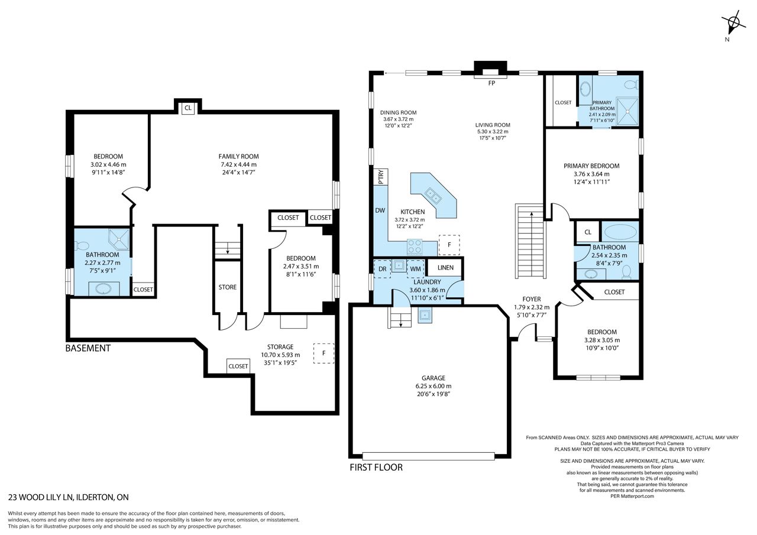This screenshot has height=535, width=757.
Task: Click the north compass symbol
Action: pyautogui.click(x=733, y=24)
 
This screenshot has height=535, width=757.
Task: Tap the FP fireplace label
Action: pyautogui.click(x=491, y=83)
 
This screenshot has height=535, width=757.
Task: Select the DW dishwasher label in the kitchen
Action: pyautogui.click(x=380, y=210)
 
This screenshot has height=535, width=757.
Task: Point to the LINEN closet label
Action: pyautogui.click(x=445, y=267)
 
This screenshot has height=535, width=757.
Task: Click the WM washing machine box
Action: pyautogui.click(x=415, y=269)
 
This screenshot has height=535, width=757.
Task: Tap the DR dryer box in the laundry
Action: pyautogui.click(x=382, y=269)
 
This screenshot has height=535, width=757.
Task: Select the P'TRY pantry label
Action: pyautogui.click(x=380, y=177)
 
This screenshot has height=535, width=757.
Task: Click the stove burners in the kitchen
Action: pyautogui.click(x=415, y=247)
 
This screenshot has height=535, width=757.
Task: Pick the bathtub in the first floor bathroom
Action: pyautogui.click(x=620, y=232)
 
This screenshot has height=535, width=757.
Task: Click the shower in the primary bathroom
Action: pyautogui.click(x=627, y=111)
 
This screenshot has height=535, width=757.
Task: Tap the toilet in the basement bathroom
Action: pyautogui.click(x=81, y=245)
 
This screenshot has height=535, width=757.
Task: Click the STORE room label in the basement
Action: pyautogui.click(x=228, y=287)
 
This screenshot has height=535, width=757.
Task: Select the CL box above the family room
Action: pyautogui.click(x=188, y=108)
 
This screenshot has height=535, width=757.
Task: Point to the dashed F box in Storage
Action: pyautogui.click(x=323, y=354)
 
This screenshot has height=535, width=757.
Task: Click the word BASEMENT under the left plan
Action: pyautogui.click(x=88, y=348)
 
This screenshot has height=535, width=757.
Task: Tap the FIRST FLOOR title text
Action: pyautogui.click(x=376, y=468)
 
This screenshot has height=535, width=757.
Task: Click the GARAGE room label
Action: pyautogui.click(x=434, y=378)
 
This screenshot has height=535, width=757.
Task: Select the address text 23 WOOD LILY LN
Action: pyautogui.click(x=41, y=497)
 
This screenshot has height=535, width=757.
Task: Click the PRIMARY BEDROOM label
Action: pyautogui.click(x=591, y=166)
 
